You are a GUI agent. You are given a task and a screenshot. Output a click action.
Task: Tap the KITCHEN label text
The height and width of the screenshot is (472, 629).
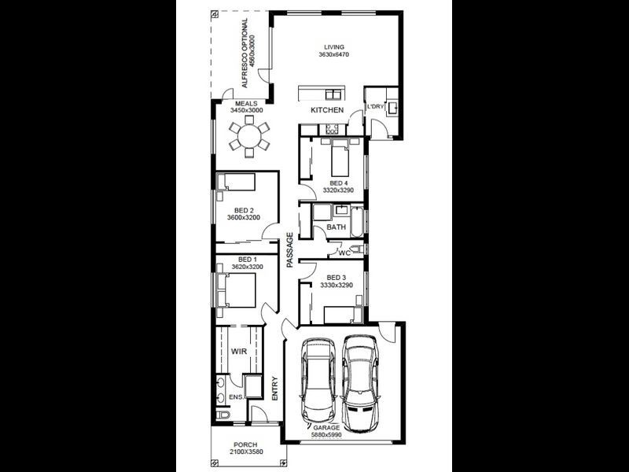pyautogui.click(x=326, y=110)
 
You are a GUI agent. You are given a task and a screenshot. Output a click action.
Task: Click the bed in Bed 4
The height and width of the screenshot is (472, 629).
pyautogui.click(x=340, y=159)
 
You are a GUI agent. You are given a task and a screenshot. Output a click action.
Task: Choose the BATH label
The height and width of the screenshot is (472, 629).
pyautogui.click(x=337, y=227)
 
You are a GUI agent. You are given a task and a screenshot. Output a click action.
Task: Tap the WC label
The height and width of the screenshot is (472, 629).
pyautogui.click(x=344, y=253)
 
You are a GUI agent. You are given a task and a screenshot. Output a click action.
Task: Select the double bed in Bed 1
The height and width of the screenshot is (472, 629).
pyautogui.click(x=240, y=289)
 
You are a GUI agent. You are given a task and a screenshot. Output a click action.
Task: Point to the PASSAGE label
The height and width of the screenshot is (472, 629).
pyautogui.click(x=289, y=250)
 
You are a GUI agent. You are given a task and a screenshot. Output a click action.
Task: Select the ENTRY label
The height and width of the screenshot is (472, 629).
pyautogui.click(x=274, y=389)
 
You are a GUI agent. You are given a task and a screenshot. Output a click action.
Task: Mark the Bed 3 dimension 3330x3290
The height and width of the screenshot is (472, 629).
pyautogui.click(x=336, y=286)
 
